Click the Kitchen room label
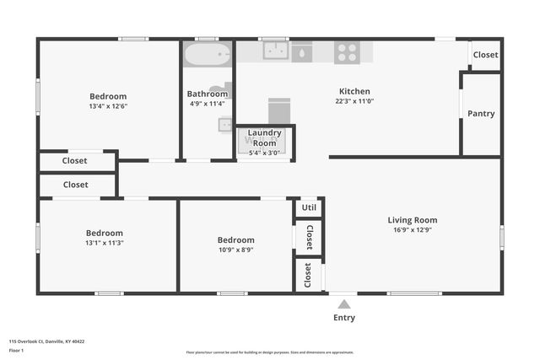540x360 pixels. pos(354,91)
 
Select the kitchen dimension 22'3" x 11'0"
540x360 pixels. pos(354,101)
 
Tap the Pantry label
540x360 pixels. pos(481,114)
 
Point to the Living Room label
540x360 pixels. pos(413,220)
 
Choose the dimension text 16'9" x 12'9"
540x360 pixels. pos(413,230)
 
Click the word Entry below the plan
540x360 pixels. pos(343,318)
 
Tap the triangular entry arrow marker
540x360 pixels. pos(343,304)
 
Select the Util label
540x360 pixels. pos(309,207)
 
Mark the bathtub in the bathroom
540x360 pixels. pos(207,56)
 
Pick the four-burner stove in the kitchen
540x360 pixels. pos(347,52)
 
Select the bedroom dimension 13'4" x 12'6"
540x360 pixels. pos(108,106)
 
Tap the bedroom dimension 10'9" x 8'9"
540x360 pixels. pos(235,250)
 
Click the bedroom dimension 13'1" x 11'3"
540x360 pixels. pos(104,243)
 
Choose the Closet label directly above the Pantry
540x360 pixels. pos(485,55)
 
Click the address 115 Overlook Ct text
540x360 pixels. pos(46,341)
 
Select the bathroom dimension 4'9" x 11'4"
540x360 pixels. pos(207,104)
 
